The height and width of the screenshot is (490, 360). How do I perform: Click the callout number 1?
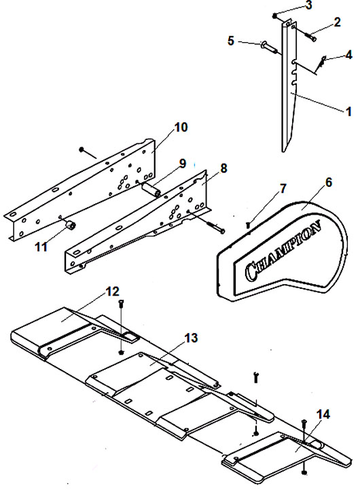tap(348, 111)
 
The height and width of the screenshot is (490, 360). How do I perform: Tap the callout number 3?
tap(308, 5)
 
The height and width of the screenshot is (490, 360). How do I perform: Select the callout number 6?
tap(328, 183)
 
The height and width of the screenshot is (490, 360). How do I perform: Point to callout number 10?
tap(181, 128)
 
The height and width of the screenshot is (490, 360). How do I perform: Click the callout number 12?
tap(112, 292)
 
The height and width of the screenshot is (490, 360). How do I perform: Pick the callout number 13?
tap(191, 338)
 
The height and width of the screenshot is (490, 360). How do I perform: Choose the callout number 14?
tap(323, 415)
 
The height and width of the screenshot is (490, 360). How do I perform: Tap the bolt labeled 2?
tap(308, 35)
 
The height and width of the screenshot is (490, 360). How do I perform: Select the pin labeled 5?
tap(268, 47)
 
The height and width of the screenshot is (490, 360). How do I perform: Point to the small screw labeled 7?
tap(249, 224)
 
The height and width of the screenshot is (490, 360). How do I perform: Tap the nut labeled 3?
tap(275, 16)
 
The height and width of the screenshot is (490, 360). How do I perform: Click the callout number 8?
tap(223, 169)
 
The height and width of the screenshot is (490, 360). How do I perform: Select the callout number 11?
tap(41, 247)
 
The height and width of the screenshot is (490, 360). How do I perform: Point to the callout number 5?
tap(231, 41)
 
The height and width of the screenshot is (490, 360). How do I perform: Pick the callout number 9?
tap(182, 164)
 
